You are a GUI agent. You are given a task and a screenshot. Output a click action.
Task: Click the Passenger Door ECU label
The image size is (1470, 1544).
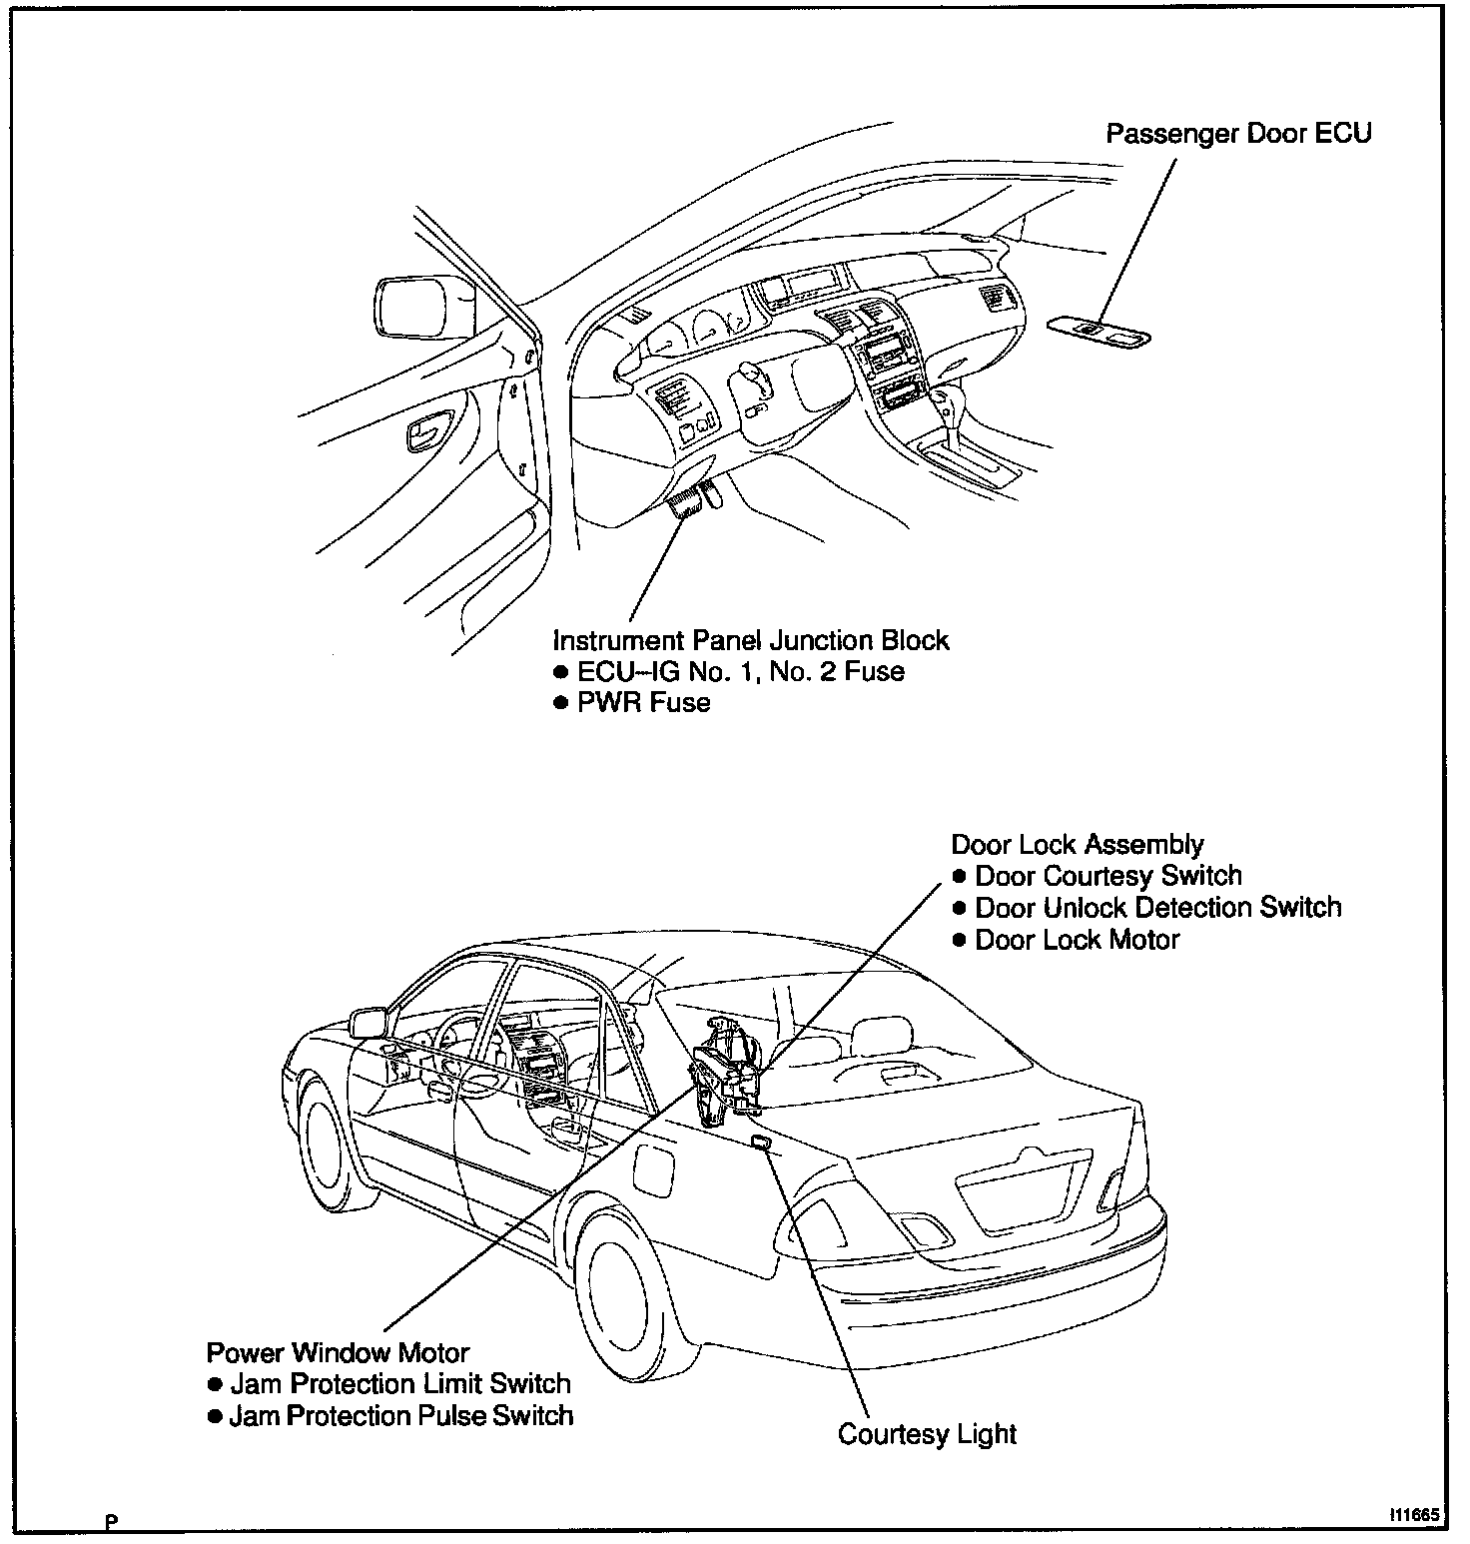[1238, 134]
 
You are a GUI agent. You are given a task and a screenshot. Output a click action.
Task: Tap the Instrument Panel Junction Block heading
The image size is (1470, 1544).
[751, 640]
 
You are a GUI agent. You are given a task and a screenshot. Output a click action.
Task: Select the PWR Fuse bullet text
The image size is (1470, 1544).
[643, 703]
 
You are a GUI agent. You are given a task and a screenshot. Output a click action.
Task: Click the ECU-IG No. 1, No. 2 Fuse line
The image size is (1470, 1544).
[740, 671]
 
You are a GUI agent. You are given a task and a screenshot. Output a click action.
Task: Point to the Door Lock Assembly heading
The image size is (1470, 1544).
[1078, 845]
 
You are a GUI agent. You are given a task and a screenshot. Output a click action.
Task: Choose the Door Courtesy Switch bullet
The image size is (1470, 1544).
[1107, 877]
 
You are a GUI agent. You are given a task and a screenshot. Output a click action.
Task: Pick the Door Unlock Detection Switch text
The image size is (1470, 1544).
[1157, 909]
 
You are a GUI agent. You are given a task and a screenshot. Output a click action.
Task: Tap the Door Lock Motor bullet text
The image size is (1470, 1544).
[1077, 941]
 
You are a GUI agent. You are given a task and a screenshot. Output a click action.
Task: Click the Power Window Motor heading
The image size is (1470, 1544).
[338, 1354]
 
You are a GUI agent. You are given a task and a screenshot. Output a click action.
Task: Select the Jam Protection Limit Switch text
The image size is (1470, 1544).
[399, 1385]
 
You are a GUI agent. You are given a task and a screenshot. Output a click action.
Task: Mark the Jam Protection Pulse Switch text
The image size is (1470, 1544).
[400, 1417]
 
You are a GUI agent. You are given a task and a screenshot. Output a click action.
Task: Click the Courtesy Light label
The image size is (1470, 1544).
[927, 1435]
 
